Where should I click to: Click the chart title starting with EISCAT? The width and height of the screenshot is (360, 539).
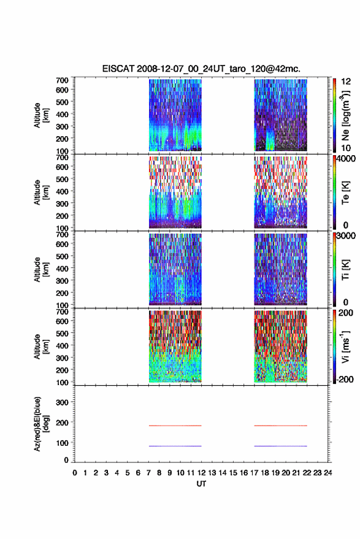pyautogui.click(x=201, y=69)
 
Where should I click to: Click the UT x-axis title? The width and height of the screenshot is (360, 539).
pyautogui.click(x=201, y=484)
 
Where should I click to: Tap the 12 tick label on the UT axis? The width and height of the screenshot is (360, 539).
pyautogui.click(x=201, y=473)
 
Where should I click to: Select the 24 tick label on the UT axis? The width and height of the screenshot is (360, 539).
pyautogui.click(x=327, y=473)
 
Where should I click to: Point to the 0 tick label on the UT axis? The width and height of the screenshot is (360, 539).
pyautogui.click(x=75, y=473)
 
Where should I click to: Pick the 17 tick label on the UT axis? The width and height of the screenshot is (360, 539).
pyautogui.click(x=254, y=473)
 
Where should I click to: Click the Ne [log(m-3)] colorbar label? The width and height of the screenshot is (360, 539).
pyautogui.click(x=345, y=116)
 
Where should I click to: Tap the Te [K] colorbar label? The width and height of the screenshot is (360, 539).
pyautogui.click(x=345, y=193)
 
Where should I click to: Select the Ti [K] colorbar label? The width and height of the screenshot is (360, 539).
pyautogui.click(x=345, y=270)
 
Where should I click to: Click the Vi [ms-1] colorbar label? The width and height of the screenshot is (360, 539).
pyautogui.click(x=345, y=346)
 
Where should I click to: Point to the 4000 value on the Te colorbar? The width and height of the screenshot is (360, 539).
pyautogui.click(x=347, y=159)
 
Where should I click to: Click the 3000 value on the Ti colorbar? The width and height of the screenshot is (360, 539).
pyautogui.click(x=347, y=236)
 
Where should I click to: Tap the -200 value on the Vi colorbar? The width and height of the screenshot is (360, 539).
pyautogui.click(x=345, y=379)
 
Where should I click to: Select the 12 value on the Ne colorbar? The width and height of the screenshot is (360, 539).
pyautogui.click(x=347, y=82)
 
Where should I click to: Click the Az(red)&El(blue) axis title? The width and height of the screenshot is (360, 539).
pyautogui.click(x=41, y=424)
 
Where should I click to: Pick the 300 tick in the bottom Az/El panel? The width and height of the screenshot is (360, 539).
pyautogui.click(x=62, y=402)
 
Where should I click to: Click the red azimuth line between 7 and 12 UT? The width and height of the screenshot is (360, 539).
pyautogui.click(x=175, y=426)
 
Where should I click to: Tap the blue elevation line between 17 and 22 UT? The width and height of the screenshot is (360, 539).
pyautogui.click(x=280, y=446)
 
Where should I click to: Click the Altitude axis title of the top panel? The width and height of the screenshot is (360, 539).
pyautogui.click(x=41, y=115)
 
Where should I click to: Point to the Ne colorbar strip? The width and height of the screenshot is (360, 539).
pyautogui.click(x=334, y=115)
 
